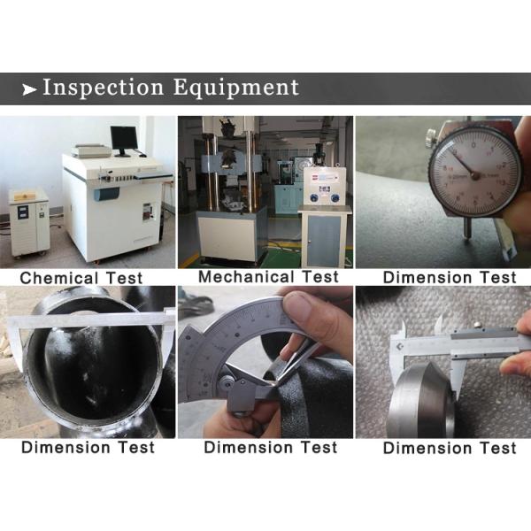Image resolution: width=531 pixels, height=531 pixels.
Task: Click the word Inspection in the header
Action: [104, 88]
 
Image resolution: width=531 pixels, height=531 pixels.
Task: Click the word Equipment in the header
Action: [236, 88]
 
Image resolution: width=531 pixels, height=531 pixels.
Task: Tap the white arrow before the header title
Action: [29, 89]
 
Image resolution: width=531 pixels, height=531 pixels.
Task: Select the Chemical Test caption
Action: [81, 279]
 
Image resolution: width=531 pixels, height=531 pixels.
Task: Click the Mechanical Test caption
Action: [268, 277]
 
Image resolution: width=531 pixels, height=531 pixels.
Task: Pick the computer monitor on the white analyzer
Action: [124, 141]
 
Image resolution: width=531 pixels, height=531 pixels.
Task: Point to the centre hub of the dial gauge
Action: [475, 176]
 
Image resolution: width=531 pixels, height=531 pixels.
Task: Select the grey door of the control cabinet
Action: [324, 237]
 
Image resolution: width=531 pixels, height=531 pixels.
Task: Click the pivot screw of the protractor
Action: [226, 382]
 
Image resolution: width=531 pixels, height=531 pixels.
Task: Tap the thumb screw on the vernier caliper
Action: [477, 325]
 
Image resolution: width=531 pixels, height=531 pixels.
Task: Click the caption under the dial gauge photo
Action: [450, 278]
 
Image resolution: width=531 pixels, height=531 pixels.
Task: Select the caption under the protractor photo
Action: [271, 447]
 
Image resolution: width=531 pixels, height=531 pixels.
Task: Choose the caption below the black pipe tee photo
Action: [88, 447]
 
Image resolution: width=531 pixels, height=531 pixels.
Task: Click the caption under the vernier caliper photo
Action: [450, 448]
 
